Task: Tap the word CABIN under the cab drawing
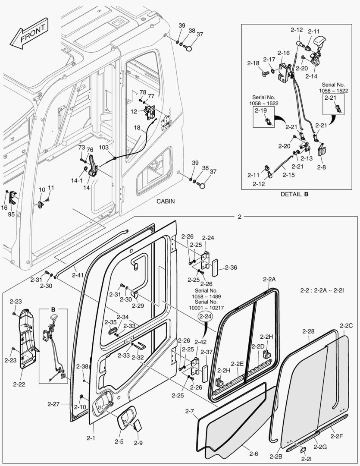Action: [x=166, y=202]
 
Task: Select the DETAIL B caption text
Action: [x=294, y=194]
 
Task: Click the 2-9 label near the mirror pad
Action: [x=138, y=443]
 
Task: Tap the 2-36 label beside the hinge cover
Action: [x=231, y=268]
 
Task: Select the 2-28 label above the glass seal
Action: [x=308, y=331]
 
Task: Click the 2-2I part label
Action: [x=306, y=460]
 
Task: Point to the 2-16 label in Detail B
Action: [x=283, y=53]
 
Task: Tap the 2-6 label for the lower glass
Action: [x=254, y=453]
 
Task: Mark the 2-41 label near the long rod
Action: [x=78, y=275]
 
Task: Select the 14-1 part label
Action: [x=77, y=180]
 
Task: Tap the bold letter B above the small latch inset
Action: [x=53, y=309]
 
